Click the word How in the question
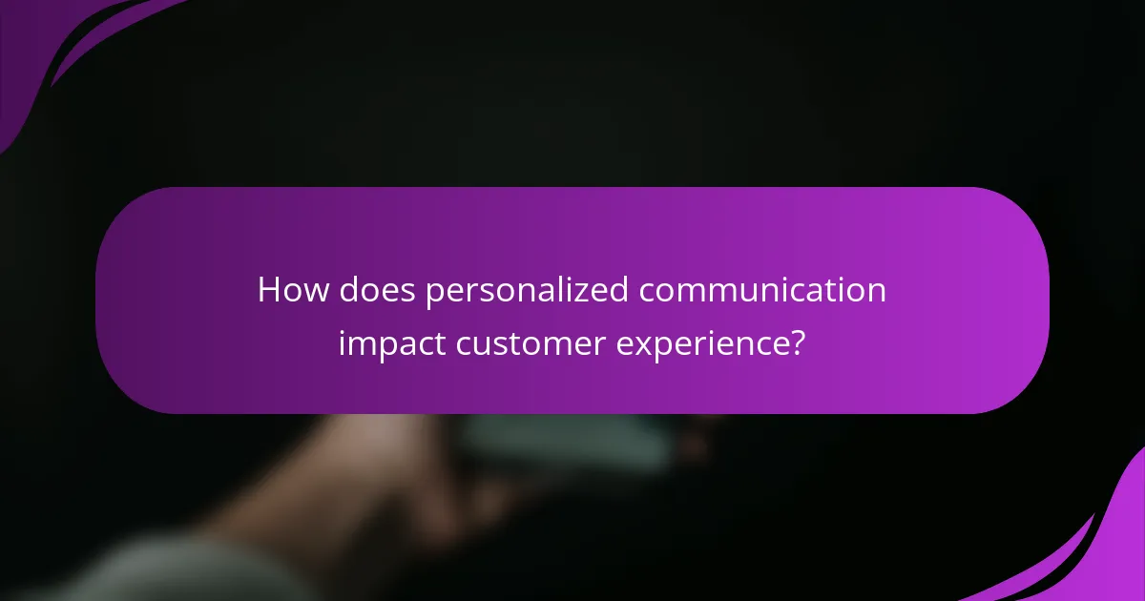pyautogui.click(x=288, y=290)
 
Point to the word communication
pyautogui.click(x=762, y=290)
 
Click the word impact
pyautogui.click(x=391, y=343)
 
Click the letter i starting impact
pyautogui.click(x=342, y=342)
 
